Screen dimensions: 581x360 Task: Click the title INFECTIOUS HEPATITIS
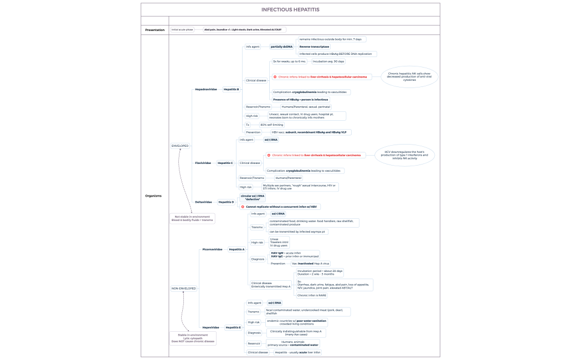(290, 9)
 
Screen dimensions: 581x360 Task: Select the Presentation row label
(155, 29)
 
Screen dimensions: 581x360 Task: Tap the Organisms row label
(153, 196)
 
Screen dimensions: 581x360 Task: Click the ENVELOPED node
(180, 146)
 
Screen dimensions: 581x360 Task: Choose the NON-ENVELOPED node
(183, 289)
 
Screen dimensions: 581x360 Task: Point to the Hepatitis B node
(231, 89)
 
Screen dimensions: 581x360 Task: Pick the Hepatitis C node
(225, 163)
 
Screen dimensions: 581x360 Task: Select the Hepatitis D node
(226, 202)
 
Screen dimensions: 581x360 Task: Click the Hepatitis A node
(236, 249)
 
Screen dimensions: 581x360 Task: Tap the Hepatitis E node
(233, 327)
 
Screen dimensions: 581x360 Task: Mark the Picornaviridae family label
(213, 249)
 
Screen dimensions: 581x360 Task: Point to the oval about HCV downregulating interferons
(404, 155)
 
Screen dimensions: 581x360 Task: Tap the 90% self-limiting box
(271, 125)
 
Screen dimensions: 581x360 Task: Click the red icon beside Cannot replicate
(243, 207)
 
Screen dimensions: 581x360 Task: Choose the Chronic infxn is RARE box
(312, 295)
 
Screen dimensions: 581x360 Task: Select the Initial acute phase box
(182, 29)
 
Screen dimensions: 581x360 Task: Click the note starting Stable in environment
(193, 338)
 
